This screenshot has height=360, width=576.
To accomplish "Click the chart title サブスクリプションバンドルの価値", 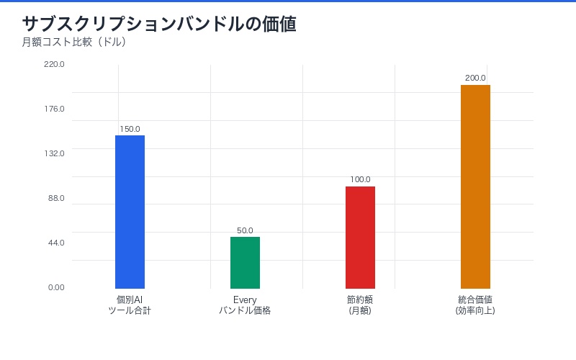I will [x=159, y=24].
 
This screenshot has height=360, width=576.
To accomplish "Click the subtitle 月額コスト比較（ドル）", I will [x=74, y=42].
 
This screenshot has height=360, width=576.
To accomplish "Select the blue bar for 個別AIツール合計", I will [x=130, y=212].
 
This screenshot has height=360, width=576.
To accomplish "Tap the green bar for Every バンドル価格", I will [x=245, y=263].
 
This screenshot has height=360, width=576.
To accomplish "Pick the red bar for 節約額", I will [x=360, y=238].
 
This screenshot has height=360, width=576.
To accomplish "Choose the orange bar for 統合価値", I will [x=475, y=186].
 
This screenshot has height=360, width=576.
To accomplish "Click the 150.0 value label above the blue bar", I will [x=130, y=129].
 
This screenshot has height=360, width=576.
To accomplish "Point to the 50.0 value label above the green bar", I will [x=245, y=230].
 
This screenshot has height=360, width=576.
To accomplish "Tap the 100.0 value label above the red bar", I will [x=360, y=179].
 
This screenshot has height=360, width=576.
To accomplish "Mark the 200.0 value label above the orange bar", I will [x=475, y=78].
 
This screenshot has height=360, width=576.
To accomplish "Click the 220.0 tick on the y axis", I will [x=54, y=64].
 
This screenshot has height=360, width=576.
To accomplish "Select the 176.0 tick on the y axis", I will [x=54, y=109].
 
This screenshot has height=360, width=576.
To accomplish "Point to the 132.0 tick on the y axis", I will [x=54, y=153].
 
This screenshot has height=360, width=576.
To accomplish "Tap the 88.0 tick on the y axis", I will [x=55, y=198].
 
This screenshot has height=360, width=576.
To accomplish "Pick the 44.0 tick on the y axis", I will [x=55, y=243].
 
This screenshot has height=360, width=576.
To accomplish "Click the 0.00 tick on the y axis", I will [x=56, y=287].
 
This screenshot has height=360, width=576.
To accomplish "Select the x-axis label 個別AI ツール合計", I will [x=130, y=305].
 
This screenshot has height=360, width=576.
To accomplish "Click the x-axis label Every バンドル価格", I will [x=245, y=305].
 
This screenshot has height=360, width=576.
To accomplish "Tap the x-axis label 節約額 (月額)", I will [x=360, y=305].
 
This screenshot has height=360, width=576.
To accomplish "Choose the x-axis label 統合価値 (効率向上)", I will [x=475, y=305].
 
